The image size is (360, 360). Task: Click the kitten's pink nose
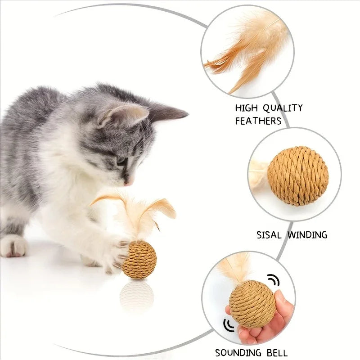coord(128,183)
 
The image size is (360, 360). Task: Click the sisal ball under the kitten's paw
coord(139,260)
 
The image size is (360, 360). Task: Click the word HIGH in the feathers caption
coord(247,108)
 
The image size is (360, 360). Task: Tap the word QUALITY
coord(283,108)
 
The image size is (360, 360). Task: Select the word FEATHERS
coord(258,121)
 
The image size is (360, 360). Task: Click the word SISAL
coord(269,235)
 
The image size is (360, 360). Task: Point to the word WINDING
coord(308,235)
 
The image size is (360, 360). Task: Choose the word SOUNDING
coord(238,352)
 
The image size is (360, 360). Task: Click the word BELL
coord(277,352)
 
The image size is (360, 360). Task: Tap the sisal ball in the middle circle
coord(298,176)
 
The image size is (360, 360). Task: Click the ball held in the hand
coord(252,304)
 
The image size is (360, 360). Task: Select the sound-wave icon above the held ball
coord(274,279)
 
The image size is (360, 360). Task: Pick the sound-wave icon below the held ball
coord(229,325)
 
